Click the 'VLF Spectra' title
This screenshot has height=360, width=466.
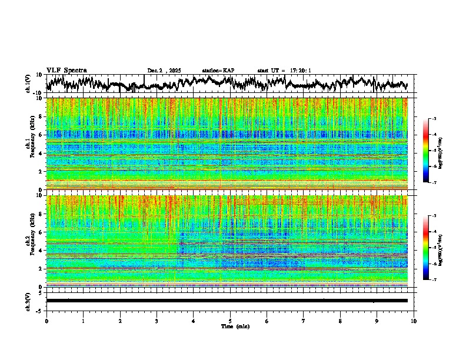pyautogui.click(x=66, y=70)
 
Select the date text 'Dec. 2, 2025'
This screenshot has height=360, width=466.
pyautogui.click(x=164, y=71)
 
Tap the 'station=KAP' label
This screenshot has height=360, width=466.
pyautogui.click(x=218, y=71)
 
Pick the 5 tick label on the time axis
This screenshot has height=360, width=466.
pyautogui.click(x=230, y=321)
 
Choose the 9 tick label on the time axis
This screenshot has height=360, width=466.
pyautogui.click(x=377, y=321)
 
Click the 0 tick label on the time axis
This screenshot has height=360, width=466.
pyautogui.click(x=46, y=321)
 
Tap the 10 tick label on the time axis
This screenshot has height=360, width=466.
pyautogui.click(x=414, y=321)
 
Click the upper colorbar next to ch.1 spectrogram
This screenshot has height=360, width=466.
pyautogui.click(x=432, y=151)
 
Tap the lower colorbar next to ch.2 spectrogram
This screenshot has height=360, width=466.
pyautogui.click(x=432, y=248)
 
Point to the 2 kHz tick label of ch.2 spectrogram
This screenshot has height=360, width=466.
pyautogui.click(x=40, y=269)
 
